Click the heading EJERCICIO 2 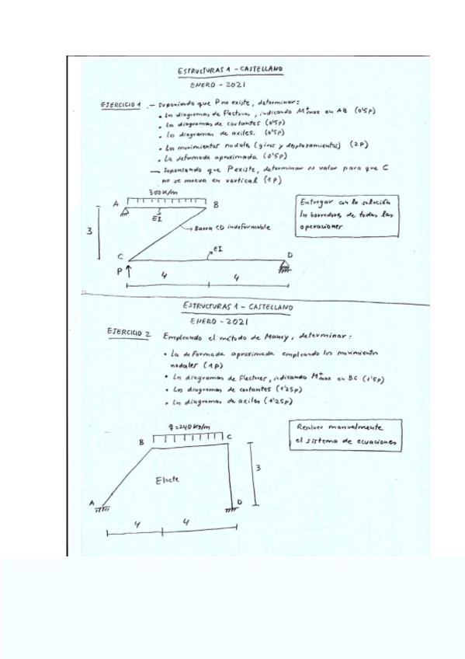click(128, 333)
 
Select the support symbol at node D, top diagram click(286, 267)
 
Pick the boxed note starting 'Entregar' click(345, 209)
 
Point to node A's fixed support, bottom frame click(100, 511)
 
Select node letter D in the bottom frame click(238, 504)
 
